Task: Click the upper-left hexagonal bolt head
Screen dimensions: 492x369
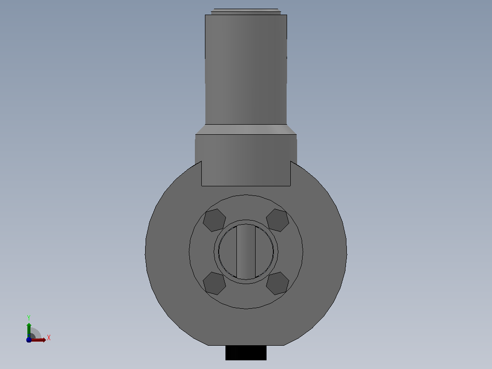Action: point(215,220)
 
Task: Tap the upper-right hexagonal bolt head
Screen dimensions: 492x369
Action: point(277,220)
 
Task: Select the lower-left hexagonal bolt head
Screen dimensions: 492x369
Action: point(215,283)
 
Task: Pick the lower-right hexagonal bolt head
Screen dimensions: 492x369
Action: point(277,283)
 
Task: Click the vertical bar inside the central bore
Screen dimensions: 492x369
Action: point(246,252)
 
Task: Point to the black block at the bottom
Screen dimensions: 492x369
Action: point(246,353)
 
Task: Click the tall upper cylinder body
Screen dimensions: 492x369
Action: point(246,69)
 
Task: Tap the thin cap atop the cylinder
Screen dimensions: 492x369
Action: point(246,11)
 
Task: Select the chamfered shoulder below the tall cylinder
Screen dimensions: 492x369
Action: point(246,129)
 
